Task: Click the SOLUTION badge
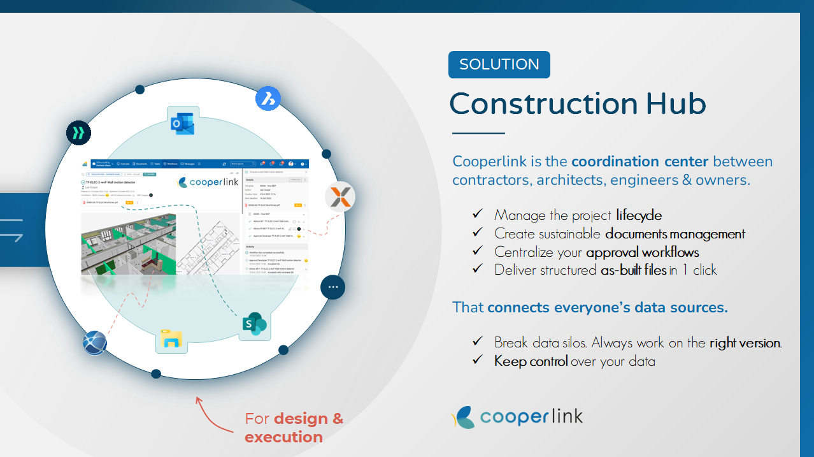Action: (x=499, y=64)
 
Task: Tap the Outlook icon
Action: (x=182, y=122)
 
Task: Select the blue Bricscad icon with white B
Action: (x=268, y=99)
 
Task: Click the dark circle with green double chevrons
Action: (x=79, y=133)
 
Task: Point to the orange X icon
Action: (x=340, y=197)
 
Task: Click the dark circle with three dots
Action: (x=332, y=287)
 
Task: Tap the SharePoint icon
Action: (x=253, y=324)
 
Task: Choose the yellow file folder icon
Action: (x=171, y=338)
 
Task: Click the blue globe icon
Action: (x=95, y=344)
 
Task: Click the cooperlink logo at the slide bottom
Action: (x=517, y=417)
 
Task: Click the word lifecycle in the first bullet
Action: (x=639, y=215)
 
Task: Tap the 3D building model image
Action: (x=128, y=245)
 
